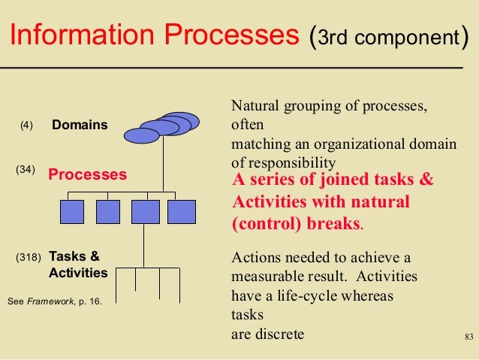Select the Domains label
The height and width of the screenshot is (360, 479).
coord(80,124)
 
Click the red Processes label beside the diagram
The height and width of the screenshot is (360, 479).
coord(88,175)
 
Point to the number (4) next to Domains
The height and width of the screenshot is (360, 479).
coord(26,126)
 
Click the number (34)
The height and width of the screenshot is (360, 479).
coord(26,170)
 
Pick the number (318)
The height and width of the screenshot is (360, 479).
coord(28,257)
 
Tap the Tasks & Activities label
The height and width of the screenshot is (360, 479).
coord(78,263)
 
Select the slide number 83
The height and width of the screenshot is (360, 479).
coord(470,335)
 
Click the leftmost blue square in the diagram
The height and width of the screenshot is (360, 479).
coord(74,212)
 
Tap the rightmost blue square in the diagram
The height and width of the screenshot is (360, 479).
coord(181,212)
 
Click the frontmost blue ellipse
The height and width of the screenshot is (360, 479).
coord(143,135)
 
